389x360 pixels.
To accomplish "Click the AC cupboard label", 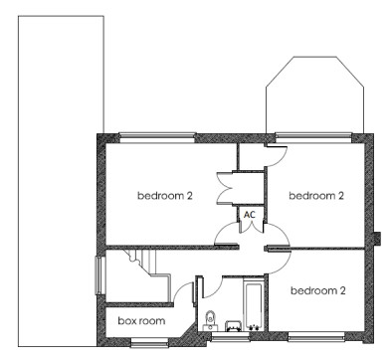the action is click(250, 215).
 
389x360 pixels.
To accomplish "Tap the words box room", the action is click(141, 321).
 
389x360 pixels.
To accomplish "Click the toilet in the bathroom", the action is click(210, 320).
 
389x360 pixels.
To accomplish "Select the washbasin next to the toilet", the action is click(234, 325).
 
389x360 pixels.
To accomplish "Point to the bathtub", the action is click(254, 305).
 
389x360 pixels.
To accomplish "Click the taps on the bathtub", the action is click(254, 327).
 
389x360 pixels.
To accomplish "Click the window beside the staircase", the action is click(99, 275).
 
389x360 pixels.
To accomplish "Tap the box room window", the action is click(149, 342).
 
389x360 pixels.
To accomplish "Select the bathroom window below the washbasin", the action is click(230, 337).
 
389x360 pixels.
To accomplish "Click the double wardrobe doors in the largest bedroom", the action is click(224, 188).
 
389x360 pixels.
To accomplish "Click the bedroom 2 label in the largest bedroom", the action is click(165, 195).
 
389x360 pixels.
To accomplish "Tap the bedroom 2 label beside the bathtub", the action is click(318, 290).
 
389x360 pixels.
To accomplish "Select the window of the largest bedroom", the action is click(157, 137).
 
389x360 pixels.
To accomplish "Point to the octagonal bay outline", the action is click(314, 57).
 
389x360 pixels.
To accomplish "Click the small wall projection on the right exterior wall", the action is click(377, 239).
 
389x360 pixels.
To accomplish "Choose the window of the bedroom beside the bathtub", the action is click(315, 337).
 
